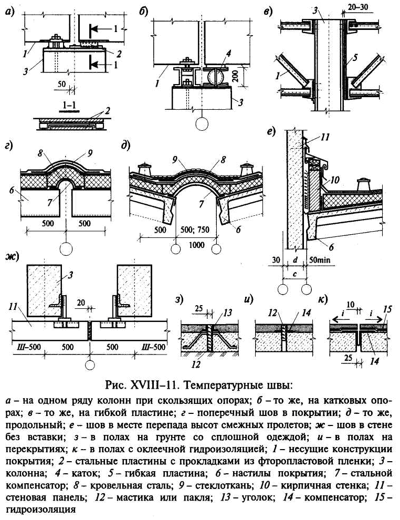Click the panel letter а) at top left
click(10, 12)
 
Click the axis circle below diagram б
click(202, 124)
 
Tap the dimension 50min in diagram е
click(320, 261)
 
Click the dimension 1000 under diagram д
click(197, 245)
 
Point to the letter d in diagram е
click(295, 260)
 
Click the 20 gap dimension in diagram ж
click(81, 302)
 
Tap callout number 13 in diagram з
click(227, 313)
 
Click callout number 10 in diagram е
click(334, 180)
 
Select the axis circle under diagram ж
click(90, 365)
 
